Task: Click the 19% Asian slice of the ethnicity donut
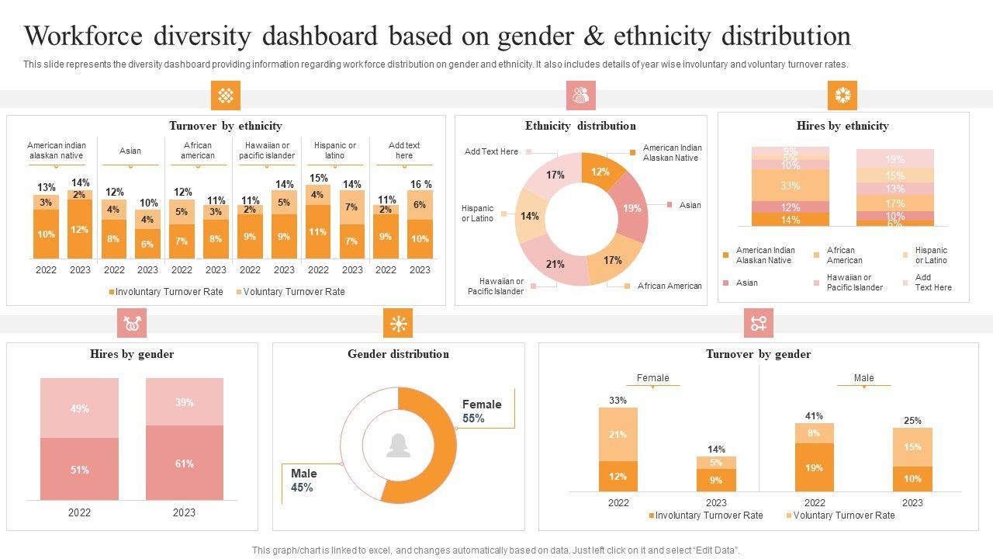pyautogui.click(x=632, y=208)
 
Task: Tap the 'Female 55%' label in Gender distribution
pyautogui.click(x=482, y=411)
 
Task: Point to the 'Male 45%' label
pyautogui.click(x=303, y=481)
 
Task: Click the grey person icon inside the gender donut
pyautogui.click(x=398, y=445)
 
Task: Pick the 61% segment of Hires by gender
pyautogui.click(x=184, y=464)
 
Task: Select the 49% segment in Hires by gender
pyautogui.click(x=79, y=408)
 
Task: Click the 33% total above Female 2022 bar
pyautogui.click(x=618, y=401)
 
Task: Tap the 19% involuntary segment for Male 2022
pyautogui.click(x=815, y=468)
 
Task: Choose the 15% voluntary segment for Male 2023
pyautogui.click(x=912, y=447)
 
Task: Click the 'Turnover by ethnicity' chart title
pyautogui.click(x=226, y=126)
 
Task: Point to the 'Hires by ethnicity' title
pyautogui.click(x=842, y=126)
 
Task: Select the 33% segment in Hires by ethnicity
pyautogui.click(x=790, y=186)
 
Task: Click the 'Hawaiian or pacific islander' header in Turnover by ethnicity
pyautogui.click(x=267, y=151)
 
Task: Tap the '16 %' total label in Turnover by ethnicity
pyautogui.click(x=420, y=184)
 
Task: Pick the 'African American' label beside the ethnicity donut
pyautogui.click(x=669, y=286)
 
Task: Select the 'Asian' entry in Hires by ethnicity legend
pyautogui.click(x=747, y=283)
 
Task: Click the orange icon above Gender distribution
pyautogui.click(x=398, y=324)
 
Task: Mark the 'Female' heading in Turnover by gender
pyautogui.click(x=652, y=378)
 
